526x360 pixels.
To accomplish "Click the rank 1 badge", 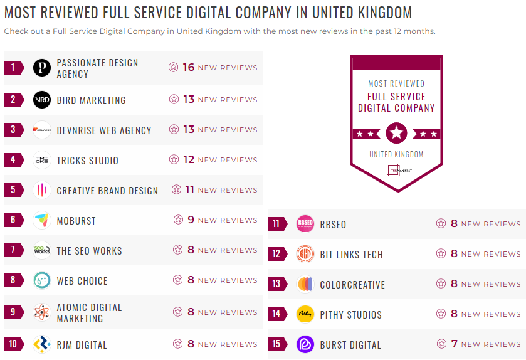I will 13,68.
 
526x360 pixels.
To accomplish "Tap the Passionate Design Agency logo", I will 42,68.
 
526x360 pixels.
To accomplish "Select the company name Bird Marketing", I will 91,100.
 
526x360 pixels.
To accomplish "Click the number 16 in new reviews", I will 188,68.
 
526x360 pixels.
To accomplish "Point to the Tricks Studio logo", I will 42,161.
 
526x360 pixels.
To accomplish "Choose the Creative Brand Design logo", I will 42,191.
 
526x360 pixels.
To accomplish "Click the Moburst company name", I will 76,221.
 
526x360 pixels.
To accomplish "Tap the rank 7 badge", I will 13,251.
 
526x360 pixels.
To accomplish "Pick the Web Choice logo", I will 42,281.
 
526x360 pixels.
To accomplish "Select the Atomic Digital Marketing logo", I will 42,312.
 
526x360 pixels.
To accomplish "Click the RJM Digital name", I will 82,345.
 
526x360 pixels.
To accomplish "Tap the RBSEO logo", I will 305,225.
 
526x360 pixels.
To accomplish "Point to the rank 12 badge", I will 276,255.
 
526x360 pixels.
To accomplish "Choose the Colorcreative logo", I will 305,285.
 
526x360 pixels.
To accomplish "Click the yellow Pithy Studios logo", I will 305,315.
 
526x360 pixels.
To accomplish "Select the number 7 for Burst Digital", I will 455,344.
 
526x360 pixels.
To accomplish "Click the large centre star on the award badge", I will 396,133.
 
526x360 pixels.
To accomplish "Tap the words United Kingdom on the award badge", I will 396,154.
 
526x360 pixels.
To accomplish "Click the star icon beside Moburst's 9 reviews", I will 178,220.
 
